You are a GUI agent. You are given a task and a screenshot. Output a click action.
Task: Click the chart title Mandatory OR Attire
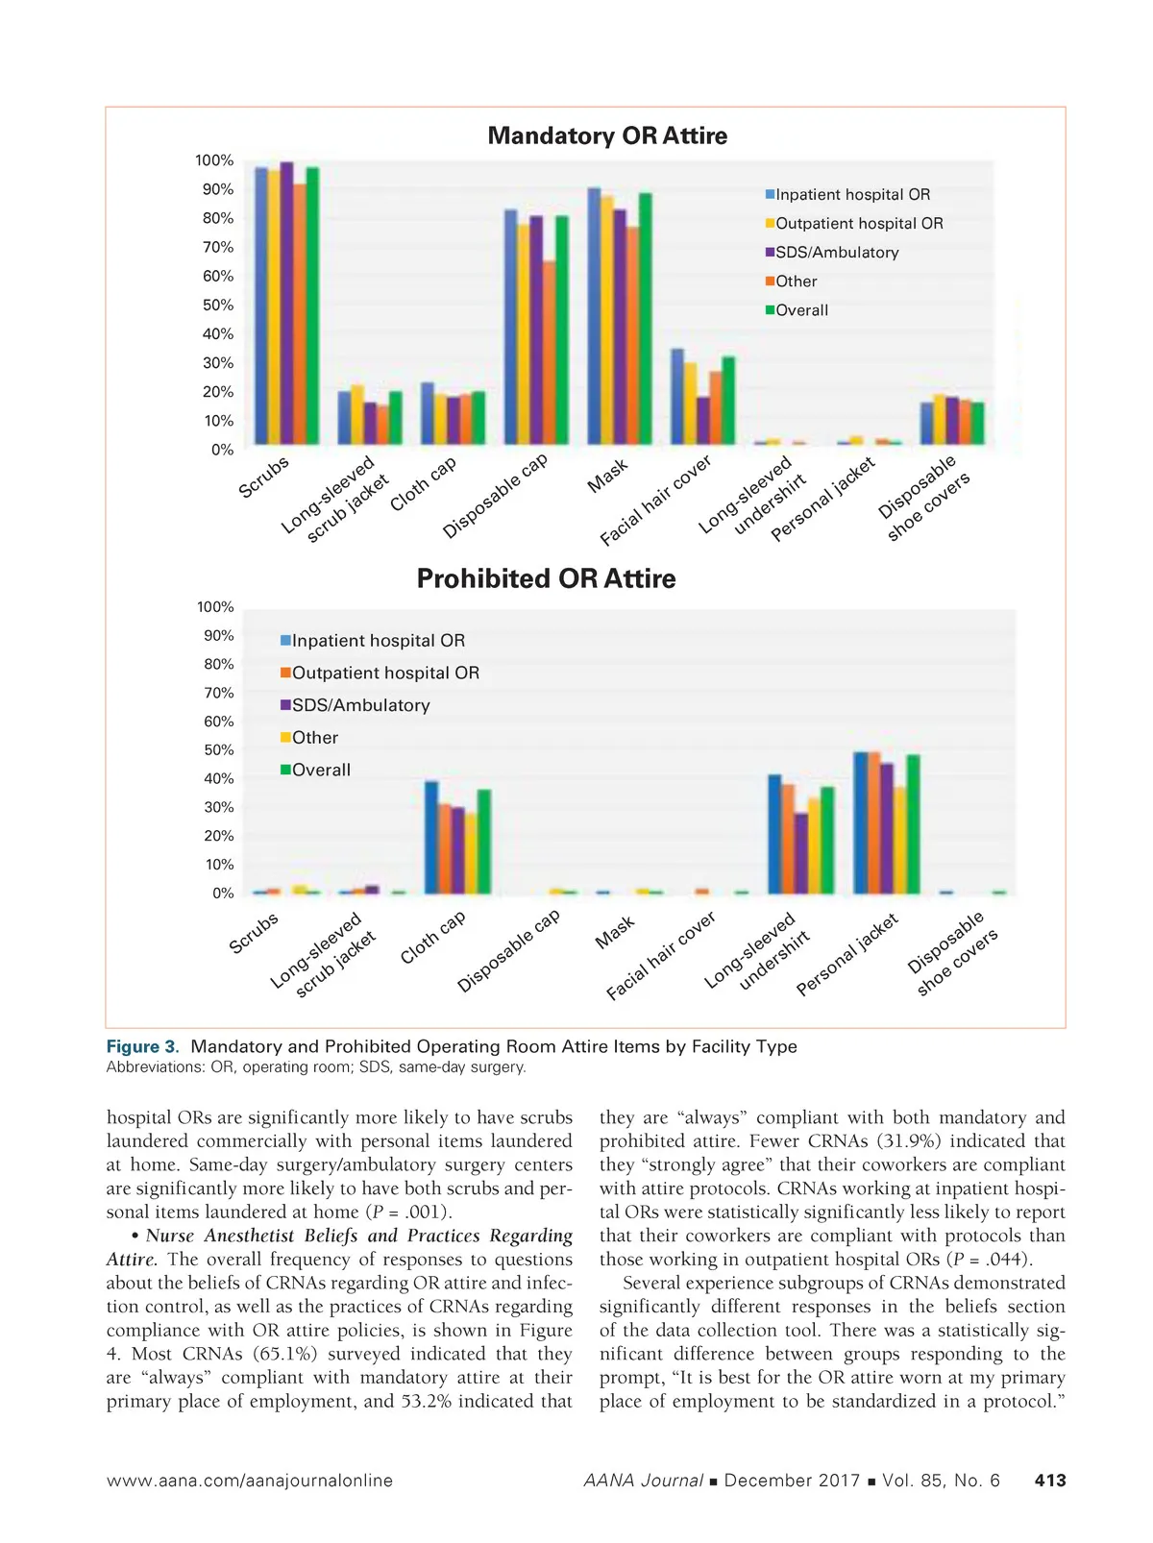(x=607, y=135)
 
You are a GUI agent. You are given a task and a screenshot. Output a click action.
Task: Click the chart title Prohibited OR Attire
(x=546, y=578)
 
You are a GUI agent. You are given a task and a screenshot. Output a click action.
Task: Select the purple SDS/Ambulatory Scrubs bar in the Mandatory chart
(x=286, y=304)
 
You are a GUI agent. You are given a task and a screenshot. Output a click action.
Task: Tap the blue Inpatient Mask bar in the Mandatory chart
(x=594, y=316)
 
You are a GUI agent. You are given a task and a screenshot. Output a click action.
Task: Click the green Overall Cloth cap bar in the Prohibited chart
(x=483, y=842)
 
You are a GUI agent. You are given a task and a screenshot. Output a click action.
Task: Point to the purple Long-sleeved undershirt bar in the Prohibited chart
(x=801, y=853)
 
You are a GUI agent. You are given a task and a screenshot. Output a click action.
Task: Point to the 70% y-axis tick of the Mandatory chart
(x=217, y=247)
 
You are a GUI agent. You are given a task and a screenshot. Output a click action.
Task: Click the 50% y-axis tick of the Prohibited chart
(x=218, y=749)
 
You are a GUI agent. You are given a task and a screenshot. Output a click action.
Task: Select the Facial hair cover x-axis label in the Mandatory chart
(x=657, y=500)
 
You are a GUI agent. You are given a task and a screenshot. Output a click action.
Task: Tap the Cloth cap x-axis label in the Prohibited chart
(x=434, y=937)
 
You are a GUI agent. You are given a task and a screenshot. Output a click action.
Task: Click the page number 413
(x=1050, y=1481)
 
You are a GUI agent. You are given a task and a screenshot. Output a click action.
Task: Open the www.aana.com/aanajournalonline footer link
(x=250, y=1481)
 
